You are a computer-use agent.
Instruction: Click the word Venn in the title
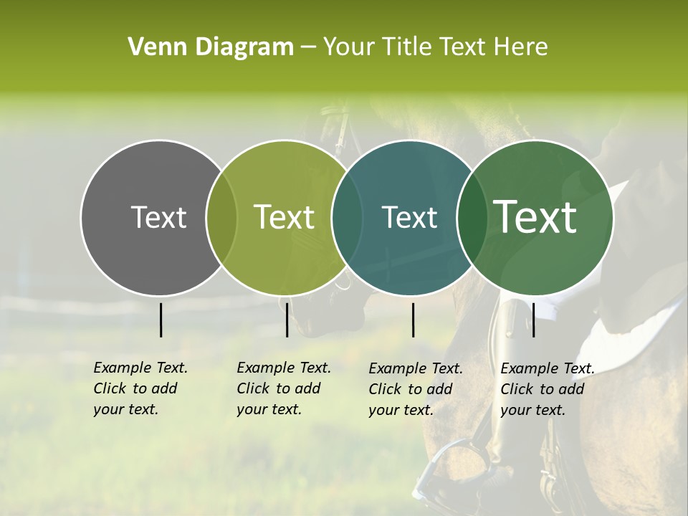[x=153, y=47]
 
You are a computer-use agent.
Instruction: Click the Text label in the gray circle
[x=158, y=217]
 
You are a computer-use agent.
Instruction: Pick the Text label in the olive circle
[x=285, y=217]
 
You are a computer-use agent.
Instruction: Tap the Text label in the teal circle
[x=410, y=217]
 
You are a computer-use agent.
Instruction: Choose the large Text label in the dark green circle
[x=535, y=217]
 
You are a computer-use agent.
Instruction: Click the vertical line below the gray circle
[x=161, y=320]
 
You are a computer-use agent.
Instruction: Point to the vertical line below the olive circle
[x=287, y=320]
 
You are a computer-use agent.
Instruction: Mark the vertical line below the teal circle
[x=413, y=320]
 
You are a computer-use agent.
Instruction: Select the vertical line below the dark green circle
[x=533, y=320]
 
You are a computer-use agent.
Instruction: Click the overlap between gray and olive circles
[x=221, y=217]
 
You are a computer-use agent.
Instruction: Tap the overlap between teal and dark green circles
[x=472, y=217]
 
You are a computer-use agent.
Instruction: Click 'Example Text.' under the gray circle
[x=140, y=368]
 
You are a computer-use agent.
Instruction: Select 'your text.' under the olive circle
[x=269, y=410]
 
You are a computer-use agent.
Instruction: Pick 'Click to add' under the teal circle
[x=410, y=389]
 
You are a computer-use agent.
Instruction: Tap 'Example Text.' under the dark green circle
[x=548, y=369]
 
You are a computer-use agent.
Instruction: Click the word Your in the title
[x=349, y=47]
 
